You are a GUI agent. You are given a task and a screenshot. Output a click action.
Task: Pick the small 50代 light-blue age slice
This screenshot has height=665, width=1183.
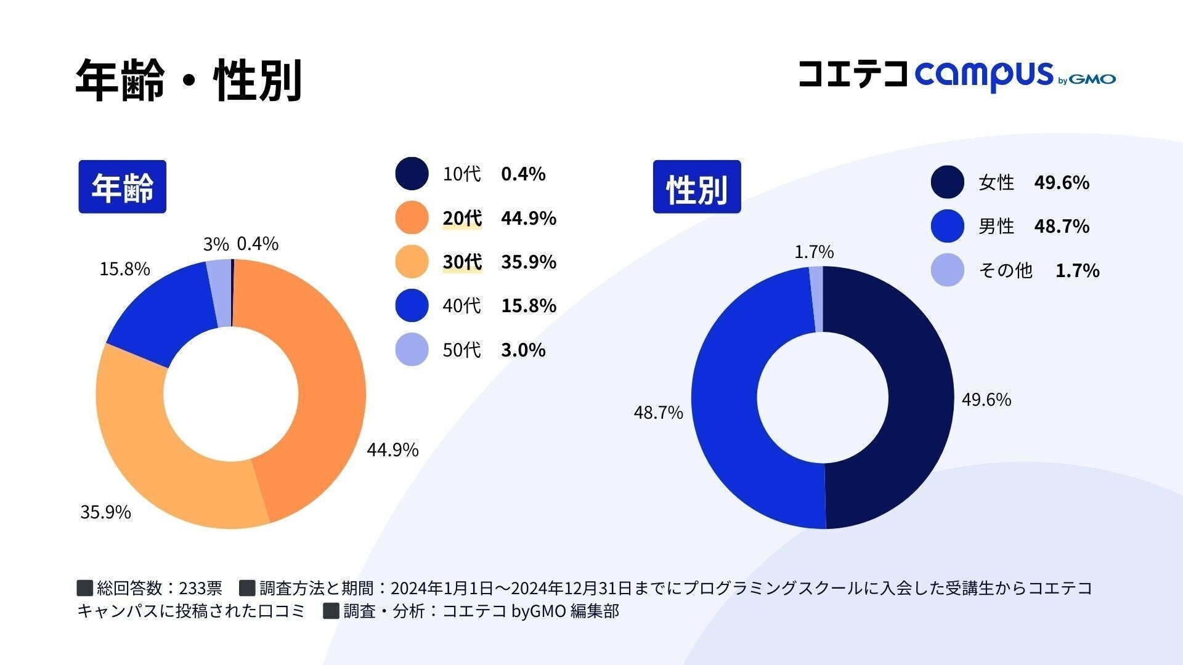pos(219,293)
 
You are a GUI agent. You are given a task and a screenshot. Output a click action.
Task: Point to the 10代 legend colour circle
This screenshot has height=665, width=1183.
pos(412,174)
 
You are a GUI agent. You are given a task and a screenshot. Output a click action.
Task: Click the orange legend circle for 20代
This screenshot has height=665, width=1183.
pos(412,218)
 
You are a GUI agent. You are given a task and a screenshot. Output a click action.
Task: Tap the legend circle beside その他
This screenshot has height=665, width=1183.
pos(947,270)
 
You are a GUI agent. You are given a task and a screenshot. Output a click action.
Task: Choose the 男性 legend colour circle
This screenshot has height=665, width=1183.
pos(947,226)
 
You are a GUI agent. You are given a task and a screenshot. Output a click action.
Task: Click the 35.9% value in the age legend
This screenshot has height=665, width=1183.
pos(529,262)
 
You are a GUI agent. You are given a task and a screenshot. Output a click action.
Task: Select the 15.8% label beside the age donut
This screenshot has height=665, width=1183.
pos(124,269)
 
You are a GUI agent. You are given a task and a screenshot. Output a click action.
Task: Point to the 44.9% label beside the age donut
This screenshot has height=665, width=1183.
pos(392,450)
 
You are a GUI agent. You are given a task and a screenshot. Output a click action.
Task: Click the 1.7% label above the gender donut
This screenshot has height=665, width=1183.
pos(814,252)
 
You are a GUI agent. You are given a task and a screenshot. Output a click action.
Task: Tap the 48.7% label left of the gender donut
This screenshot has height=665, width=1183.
pos(658,413)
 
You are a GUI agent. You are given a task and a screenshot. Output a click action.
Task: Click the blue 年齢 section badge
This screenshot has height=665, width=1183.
pos(122,187)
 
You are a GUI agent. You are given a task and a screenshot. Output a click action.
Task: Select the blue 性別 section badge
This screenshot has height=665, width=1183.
pos(697,187)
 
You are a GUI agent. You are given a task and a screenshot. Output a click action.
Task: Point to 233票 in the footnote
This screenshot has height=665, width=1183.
pos(200,588)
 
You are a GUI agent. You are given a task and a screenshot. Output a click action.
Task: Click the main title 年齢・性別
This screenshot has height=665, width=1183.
pos(188,80)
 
